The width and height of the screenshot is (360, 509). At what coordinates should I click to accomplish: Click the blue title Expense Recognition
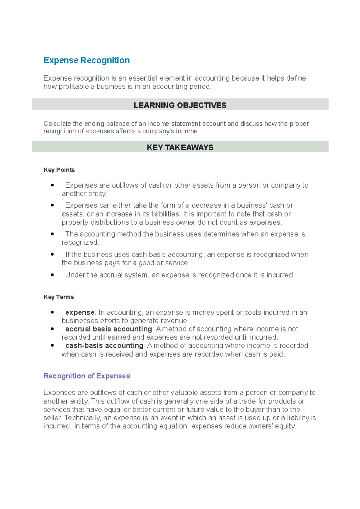(86, 60)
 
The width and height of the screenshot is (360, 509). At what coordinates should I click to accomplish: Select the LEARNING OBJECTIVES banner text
(180, 105)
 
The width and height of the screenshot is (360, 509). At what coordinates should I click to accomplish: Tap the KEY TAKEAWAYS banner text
(180, 147)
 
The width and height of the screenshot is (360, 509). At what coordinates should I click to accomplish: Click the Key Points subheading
(59, 170)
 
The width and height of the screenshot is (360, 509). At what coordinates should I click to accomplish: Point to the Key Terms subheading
(58, 297)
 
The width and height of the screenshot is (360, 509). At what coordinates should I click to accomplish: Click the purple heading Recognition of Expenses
(87, 376)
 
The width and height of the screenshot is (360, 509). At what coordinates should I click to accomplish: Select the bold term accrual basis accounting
(109, 329)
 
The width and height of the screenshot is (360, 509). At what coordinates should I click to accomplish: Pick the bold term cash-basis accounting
(104, 345)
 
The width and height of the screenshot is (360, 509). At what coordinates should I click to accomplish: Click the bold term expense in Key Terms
(80, 312)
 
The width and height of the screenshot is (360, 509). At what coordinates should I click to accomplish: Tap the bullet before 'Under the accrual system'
(52, 275)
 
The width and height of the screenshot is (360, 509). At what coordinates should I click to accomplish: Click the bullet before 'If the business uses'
(52, 254)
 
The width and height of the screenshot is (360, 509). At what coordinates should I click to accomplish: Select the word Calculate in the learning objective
(57, 124)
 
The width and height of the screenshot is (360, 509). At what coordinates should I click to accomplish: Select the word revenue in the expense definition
(174, 321)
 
